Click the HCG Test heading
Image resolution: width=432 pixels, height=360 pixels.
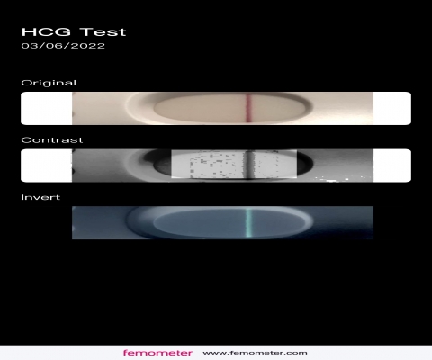74,31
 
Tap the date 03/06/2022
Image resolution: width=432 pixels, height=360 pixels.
63,46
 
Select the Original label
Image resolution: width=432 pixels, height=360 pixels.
49,83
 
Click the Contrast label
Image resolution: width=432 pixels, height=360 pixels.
52,140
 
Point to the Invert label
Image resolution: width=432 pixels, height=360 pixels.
40,197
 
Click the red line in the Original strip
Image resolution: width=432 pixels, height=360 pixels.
249,108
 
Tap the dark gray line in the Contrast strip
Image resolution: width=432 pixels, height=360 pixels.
249,165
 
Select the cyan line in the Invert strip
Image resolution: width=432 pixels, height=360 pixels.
249,222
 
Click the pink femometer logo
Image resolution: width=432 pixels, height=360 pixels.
157,353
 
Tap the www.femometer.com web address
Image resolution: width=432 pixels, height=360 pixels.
255,353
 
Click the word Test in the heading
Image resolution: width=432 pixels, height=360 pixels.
103,31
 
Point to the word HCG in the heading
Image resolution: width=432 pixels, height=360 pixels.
46,31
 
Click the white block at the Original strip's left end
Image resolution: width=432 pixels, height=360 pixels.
47,108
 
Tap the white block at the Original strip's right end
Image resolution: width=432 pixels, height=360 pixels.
392,108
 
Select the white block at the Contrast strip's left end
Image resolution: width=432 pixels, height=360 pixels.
47,166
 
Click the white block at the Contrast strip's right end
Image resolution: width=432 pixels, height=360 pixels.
392,166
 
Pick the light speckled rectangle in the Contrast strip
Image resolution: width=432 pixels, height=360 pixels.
234,164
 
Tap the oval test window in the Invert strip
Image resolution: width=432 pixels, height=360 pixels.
232,223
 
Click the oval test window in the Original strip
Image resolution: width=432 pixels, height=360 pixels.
232,109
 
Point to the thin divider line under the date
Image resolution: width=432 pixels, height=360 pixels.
216,58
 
